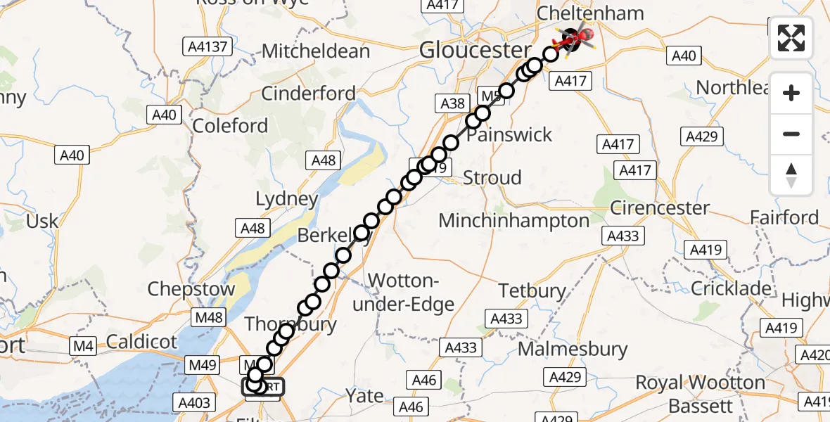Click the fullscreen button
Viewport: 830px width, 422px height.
[x=791, y=37]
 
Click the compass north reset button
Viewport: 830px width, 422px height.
[x=791, y=175]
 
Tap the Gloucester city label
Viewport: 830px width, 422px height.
[x=475, y=50]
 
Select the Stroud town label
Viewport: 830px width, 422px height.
[x=492, y=177]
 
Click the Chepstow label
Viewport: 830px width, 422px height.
[x=191, y=290]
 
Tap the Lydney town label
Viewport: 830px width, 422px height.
[x=287, y=199]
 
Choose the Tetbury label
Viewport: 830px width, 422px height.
[x=532, y=290]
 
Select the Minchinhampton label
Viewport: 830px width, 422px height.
[x=514, y=221]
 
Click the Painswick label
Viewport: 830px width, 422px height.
[x=510, y=134]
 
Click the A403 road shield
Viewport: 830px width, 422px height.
[x=195, y=402]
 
